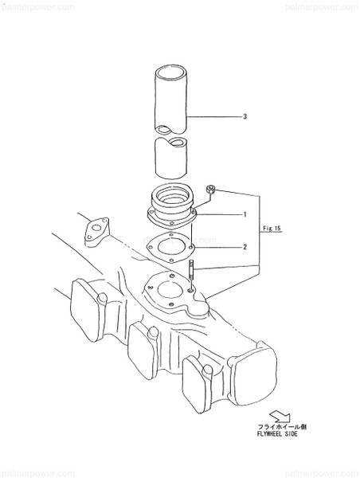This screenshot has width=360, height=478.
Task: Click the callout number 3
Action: [x=245, y=117]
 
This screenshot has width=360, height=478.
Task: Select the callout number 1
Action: [x=245, y=215]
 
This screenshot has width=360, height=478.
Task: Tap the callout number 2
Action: [x=245, y=246]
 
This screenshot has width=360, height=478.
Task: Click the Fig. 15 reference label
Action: [x=273, y=229]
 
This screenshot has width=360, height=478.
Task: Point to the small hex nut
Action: [x=211, y=190]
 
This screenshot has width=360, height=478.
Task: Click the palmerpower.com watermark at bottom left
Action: [x=37, y=472]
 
